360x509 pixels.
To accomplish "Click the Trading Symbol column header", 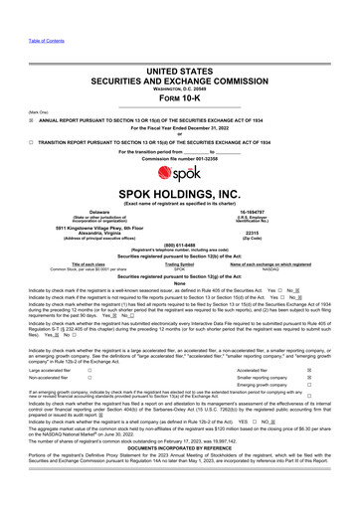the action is point(180,263).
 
